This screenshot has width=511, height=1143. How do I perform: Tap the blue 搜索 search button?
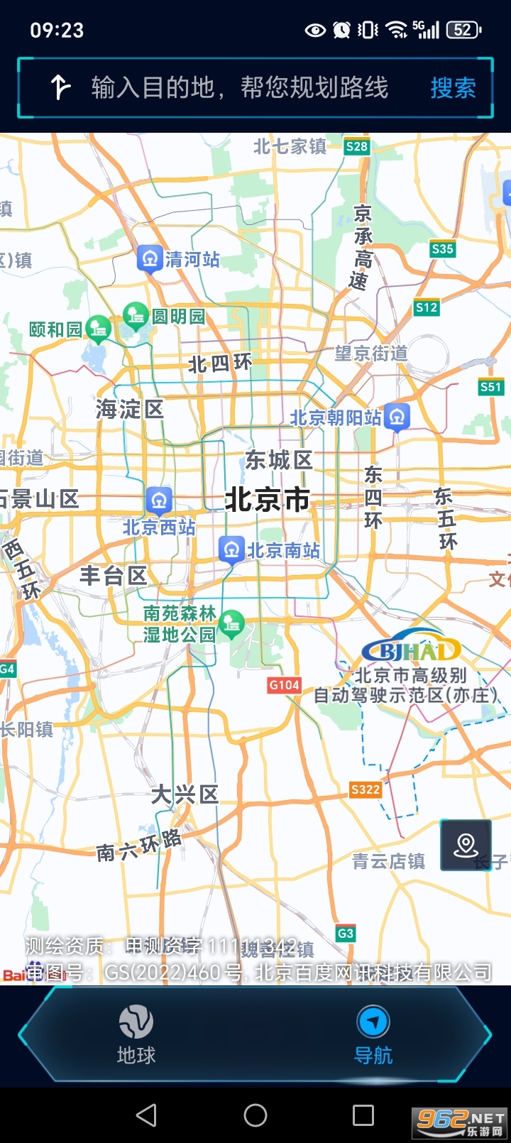[x=453, y=88]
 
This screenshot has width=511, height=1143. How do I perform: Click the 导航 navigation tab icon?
[x=373, y=1022]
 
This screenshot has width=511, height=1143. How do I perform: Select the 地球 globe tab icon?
[x=136, y=1022]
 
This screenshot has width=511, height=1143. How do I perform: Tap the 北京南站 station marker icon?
[x=231, y=549]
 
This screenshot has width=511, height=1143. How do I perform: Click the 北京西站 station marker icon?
[x=159, y=500]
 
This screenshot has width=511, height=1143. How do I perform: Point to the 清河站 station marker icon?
[x=150, y=258]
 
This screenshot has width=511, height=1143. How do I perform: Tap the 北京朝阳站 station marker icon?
[x=397, y=417]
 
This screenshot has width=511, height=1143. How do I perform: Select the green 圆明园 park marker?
[x=135, y=315]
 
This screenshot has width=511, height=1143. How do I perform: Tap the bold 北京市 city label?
[x=267, y=500]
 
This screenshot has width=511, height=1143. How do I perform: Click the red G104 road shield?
[x=284, y=685]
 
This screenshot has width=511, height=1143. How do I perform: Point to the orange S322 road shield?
[x=366, y=789]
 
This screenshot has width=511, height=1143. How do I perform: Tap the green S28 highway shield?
[x=356, y=146]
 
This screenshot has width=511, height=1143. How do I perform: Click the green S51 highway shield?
[x=490, y=387]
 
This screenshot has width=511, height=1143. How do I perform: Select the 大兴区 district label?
[x=185, y=794]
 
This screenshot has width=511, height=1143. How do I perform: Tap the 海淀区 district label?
[x=130, y=409]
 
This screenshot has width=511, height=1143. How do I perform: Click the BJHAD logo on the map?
[x=412, y=649]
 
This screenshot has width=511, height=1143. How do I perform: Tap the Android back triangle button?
[x=146, y=1115]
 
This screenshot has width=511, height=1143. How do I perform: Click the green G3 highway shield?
[x=346, y=934]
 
